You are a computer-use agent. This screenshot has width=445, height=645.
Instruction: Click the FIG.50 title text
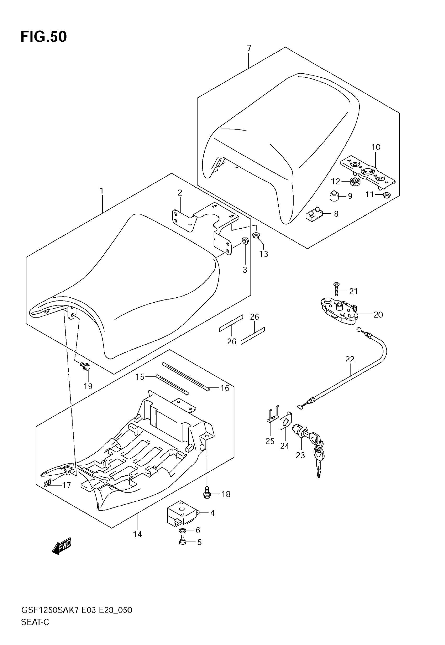pos(44,36)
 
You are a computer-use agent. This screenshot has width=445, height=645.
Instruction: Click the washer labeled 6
pos(182,530)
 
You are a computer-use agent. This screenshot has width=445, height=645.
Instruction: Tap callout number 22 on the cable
pos(350,359)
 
